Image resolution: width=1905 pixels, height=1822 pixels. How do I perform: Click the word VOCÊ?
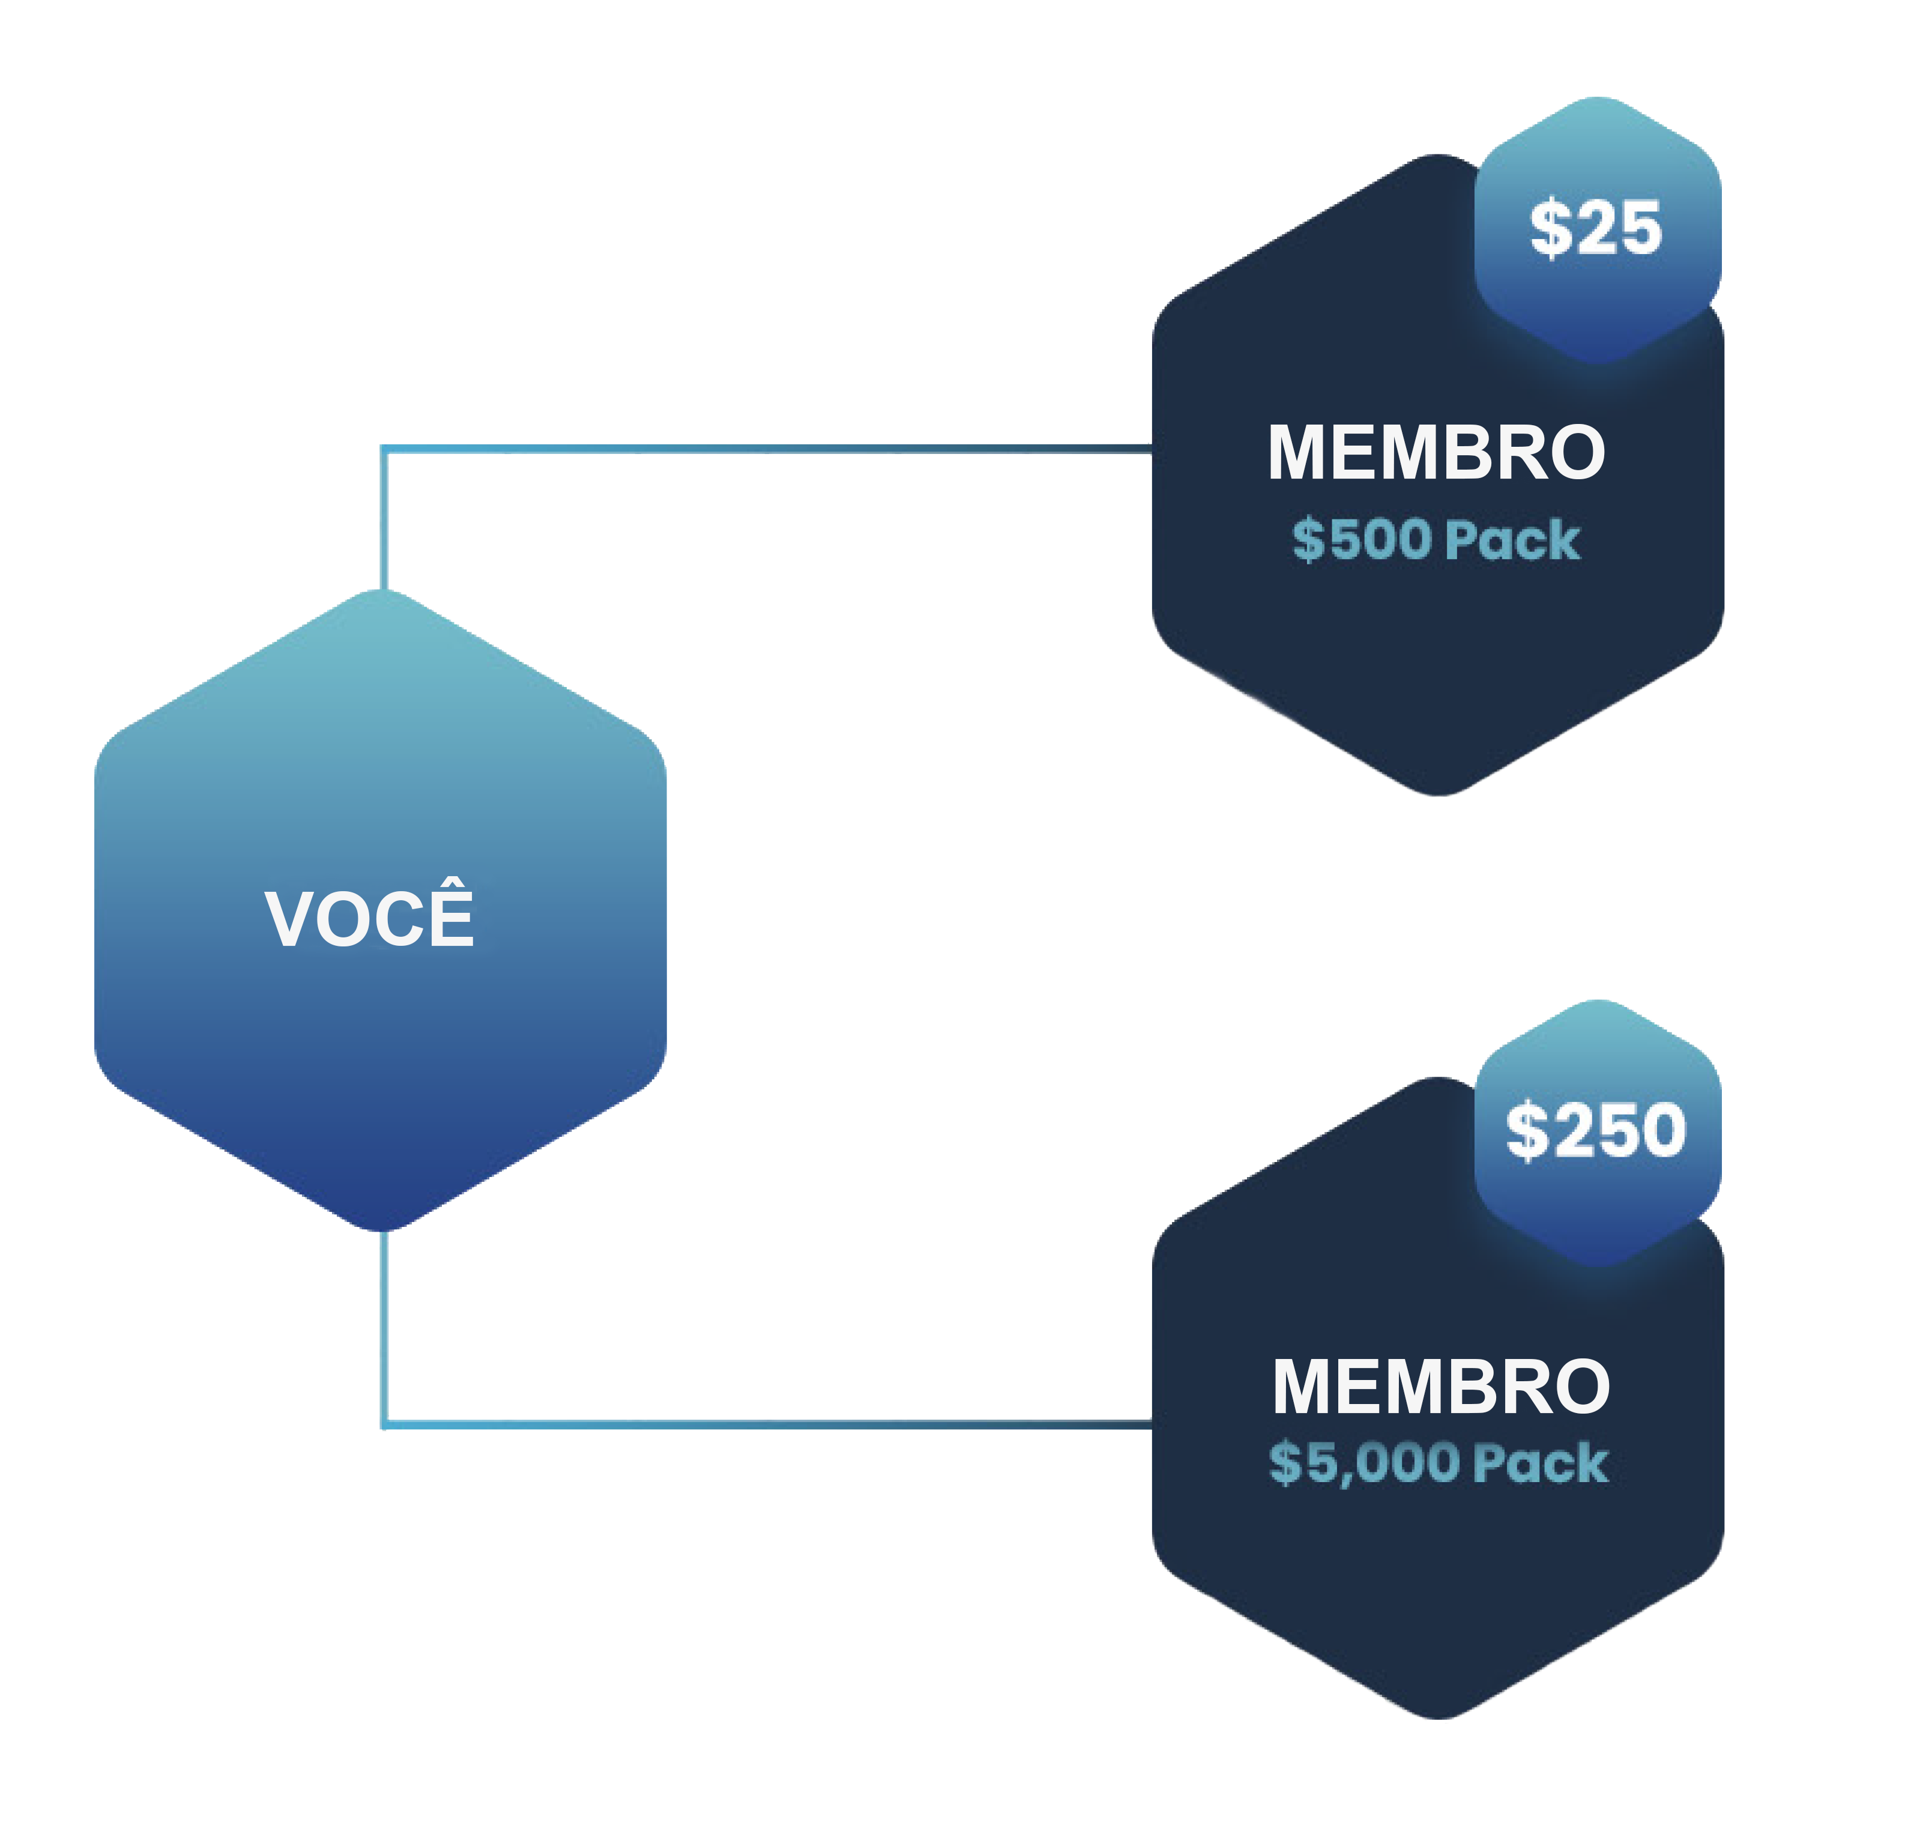coord(369,918)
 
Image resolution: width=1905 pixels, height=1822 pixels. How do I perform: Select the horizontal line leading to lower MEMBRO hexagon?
coord(767,1425)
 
